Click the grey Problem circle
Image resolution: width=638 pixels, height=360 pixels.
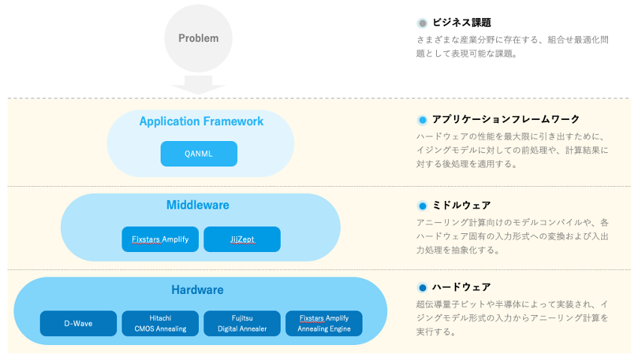(x=198, y=38)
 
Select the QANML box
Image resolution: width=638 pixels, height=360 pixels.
(x=199, y=154)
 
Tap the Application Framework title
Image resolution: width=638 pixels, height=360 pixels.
(x=201, y=121)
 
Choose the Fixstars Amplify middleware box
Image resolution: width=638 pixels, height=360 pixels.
(x=160, y=239)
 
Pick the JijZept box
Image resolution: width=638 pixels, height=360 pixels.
(x=242, y=239)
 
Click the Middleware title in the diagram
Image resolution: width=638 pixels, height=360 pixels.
(x=197, y=205)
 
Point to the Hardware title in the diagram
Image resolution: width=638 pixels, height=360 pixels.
(x=197, y=289)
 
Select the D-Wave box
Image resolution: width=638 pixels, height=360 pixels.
(x=78, y=323)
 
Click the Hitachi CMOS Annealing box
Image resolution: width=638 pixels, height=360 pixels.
(x=160, y=323)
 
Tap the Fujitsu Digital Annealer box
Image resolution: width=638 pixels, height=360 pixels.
(x=242, y=323)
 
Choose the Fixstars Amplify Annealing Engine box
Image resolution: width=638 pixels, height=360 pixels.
(x=324, y=323)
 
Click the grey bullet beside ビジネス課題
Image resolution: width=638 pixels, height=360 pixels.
(x=422, y=23)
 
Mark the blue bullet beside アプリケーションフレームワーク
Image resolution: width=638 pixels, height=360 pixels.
(x=422, y=120)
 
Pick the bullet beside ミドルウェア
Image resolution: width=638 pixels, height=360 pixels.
(x=422, y=205)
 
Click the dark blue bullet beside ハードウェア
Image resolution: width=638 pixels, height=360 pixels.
(x=422, y=288)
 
